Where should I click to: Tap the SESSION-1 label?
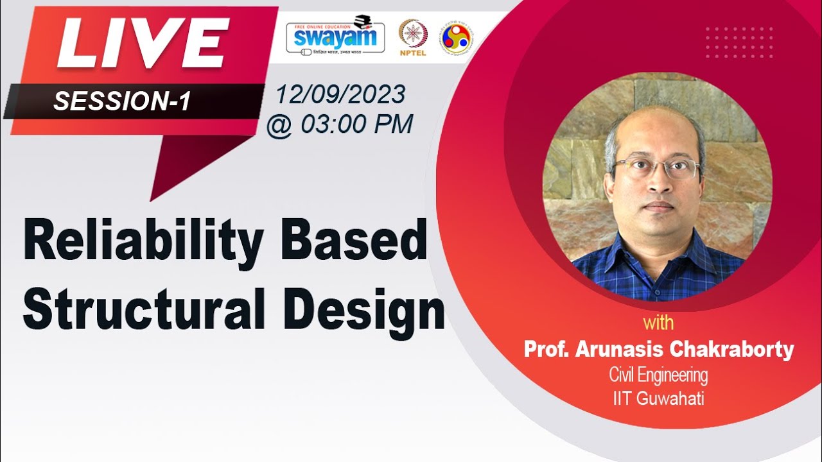click(x=122, y=101)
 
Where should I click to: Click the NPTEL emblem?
click(x=413, y=35)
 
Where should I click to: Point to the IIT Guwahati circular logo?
click(x=457, y=37)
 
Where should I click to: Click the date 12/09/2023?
click(x=340, y=95)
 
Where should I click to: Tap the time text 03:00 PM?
click(x=356, y=124)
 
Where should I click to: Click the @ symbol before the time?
click(x=279, y=124)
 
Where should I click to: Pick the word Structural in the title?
click(x=144, y=310)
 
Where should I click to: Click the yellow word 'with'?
click(x=658, y=322)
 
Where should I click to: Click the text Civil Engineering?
click(x=658, y=375)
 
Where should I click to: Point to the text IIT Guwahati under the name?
click(x=658, y=398)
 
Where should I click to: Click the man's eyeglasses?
click(x=655, y=169)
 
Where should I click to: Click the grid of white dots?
click(x=739, y=42)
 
